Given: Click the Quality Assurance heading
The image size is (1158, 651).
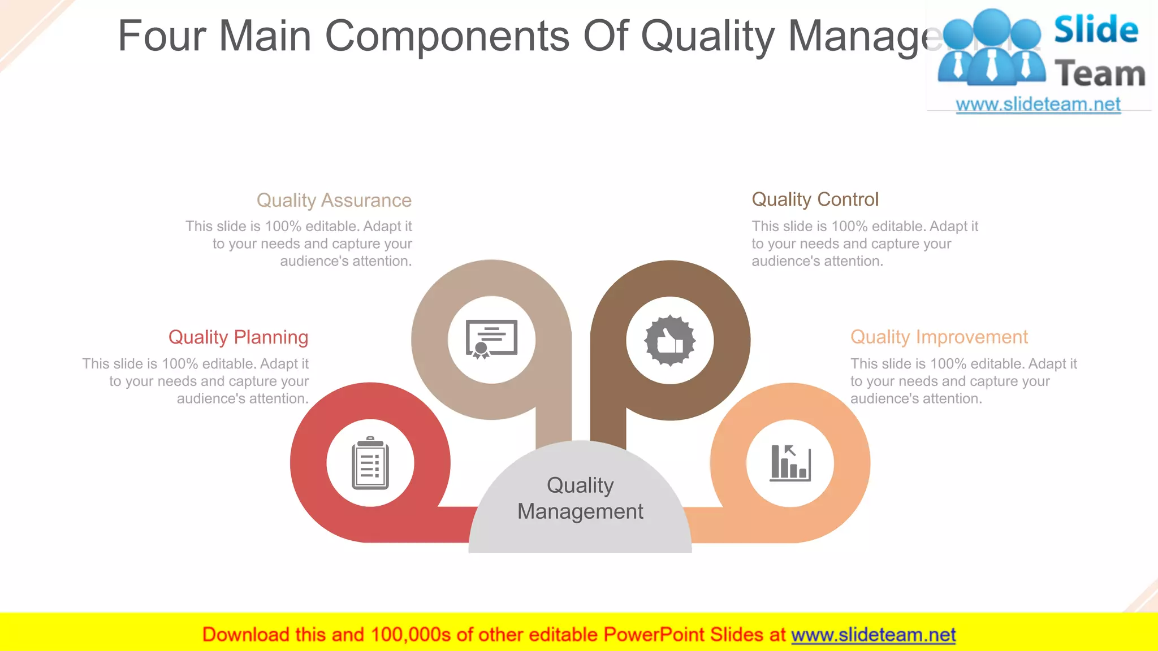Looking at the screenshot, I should pyautogui.click(x=334, y=201).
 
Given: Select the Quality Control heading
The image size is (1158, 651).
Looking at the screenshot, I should pyautogui.click(x=815, y=199).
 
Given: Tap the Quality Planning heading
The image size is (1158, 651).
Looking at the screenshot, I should pyautogui.click(x=238, y=337).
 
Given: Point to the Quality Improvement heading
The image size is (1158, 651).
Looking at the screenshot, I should pyautogui.click(x=939, y=337).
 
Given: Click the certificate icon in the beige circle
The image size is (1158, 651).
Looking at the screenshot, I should pyautogui.click(x=491, y=340).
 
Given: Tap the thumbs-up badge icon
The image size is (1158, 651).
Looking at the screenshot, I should pyautogui.click(x=670, y=341).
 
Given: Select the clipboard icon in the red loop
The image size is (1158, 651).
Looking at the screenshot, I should pyautogui.click(x=370, y=463).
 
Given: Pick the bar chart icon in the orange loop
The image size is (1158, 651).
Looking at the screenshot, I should pyautogui.click(x=790, y=463).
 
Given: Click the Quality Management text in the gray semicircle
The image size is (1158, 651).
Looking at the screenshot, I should pyautogui.click(x=580, y=498).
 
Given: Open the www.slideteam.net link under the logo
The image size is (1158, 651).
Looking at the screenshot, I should pyautogui.click(x=1038, y=105).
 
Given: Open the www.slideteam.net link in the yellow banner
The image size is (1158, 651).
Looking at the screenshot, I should pyautogui.click(x=873, y=635).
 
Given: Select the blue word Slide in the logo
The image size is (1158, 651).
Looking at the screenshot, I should pyautogui.click(x=1096, y=30).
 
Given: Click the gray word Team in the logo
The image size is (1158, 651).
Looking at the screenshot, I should pyautogui.click(x=1100, y=74).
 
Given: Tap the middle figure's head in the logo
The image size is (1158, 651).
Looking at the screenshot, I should pyautogui.click(x=992, y=26).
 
